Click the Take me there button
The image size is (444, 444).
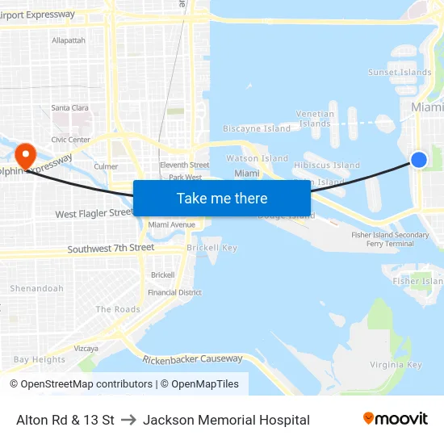(222, 198)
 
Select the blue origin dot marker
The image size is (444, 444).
(418, 160)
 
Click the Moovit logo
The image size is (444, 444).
(395, 418)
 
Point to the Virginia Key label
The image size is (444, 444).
(396, 365)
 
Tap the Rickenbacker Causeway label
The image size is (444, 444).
(192, 358)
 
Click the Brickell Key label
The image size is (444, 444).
(212, 248)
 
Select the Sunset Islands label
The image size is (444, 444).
(400, 73)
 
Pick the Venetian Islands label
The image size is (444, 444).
(315, 119)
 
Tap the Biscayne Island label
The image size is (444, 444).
(257, 128)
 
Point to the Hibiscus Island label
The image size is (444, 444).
(327, 165)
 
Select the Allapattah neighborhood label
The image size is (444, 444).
(69, 40)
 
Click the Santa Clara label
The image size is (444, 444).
(69, 107)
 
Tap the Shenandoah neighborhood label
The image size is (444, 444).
(36, 288)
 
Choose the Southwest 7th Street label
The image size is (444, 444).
(110, 248)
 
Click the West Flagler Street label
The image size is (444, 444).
(94, 214)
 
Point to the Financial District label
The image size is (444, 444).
(174, 292)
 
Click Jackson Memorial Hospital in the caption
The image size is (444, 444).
(226, 420)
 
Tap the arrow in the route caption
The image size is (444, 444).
(128, 420)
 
